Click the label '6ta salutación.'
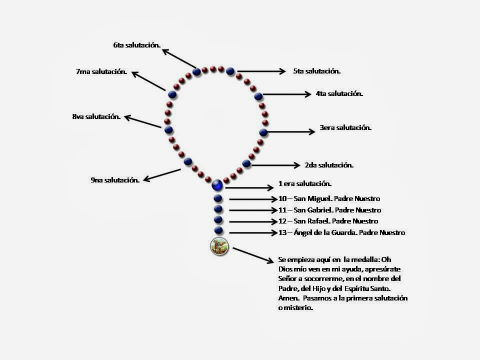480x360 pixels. point(136,45)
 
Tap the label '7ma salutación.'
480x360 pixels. point(101,72)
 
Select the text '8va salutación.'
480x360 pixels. point(96,117)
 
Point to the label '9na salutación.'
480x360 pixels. point(114,180)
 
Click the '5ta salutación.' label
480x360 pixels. point(316,71)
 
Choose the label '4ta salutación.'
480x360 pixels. point(339,93)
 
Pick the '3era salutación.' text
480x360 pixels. point(345,128)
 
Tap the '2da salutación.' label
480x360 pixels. point(329,165)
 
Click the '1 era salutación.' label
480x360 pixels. point(305,183)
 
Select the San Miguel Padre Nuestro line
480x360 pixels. point(329,199)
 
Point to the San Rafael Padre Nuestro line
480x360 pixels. point(328,221)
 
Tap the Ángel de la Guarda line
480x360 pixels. point(341,232)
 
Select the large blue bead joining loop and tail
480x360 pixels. point(217,185)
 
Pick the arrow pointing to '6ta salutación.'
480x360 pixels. point(178,58)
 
